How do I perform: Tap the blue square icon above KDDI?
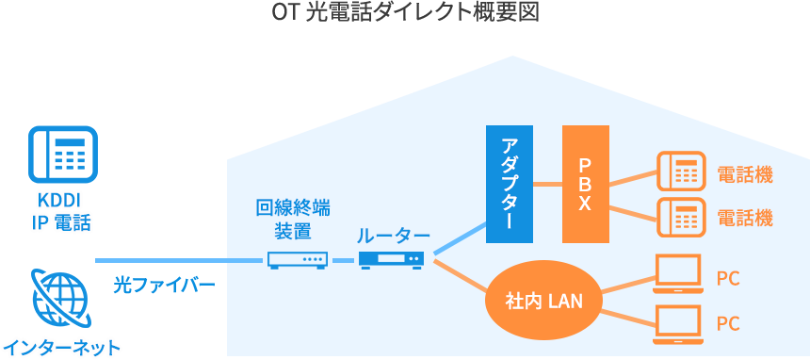[62, 154]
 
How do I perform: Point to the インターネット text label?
[62, 348]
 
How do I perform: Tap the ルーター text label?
[393, 236]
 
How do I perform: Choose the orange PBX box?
[585, 183]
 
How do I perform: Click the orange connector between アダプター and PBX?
[547, 184]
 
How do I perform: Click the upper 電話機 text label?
[744, 174]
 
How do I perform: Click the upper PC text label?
[727, 279]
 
